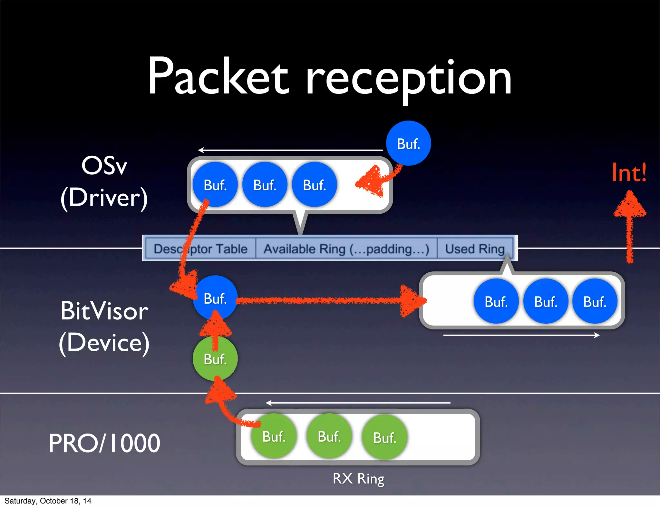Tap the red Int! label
(x=629, y=173)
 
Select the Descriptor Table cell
(x=200, y=249)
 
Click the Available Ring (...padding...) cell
(x=346, y=249)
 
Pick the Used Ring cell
(x=475, y=249)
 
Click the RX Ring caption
(x=358, y=479)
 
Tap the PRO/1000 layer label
(x=104, y=443)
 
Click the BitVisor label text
(x=104, y=311)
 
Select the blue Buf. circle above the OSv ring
(x=408, y=143)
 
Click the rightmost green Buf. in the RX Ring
(x=384, y=437)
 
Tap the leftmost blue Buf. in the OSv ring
(x=215, y=185)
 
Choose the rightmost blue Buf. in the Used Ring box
(x=595, y=301)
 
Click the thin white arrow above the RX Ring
(x=358, y=403)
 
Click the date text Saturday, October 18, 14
(x=48, y=501)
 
